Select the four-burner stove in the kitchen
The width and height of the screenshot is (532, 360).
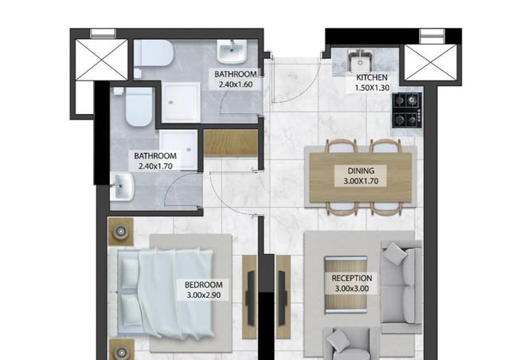[408, 110]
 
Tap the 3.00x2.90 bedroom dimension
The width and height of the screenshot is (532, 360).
[203, 295]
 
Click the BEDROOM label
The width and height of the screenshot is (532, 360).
[203, 284]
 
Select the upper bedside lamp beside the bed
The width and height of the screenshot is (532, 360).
[121, 231]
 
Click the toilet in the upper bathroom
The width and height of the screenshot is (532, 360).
[154, 55]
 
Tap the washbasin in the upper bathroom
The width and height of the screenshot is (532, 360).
[233, 53]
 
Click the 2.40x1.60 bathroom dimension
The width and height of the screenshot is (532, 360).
[236, 84]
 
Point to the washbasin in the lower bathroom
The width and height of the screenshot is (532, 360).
[123, 188]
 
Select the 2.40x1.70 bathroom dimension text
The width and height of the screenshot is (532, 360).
[155, 166]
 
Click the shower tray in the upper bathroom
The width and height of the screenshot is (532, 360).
[182, 103]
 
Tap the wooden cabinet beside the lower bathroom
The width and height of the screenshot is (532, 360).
[231, 142]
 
